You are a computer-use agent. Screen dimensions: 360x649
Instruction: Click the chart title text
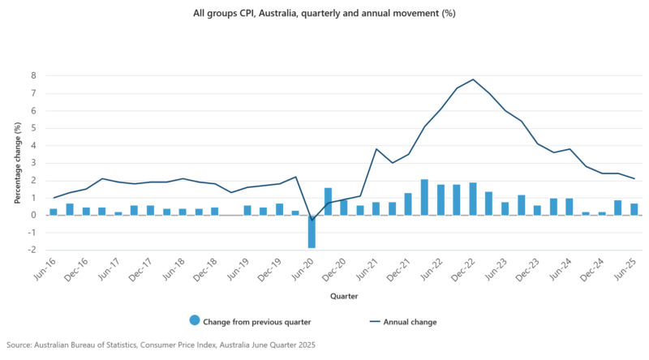click(x=324, y=13)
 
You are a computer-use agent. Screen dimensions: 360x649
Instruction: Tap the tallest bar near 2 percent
click(x=424, y=197)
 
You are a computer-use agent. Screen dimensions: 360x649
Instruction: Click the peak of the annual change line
click(x=473, y=79)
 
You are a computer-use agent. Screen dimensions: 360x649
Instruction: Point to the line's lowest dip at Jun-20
click(x=312, y=220)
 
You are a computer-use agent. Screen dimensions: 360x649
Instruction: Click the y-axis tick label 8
click(x=33, y=75)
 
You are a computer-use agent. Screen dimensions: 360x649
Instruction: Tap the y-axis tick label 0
click(x=33, y=215)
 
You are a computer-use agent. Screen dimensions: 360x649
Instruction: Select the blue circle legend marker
click(x=195, y=322)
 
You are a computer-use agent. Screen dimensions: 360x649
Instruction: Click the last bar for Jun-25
click(x=634, y=209)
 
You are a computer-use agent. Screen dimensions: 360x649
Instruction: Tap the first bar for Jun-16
click(x=54, y=212)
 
